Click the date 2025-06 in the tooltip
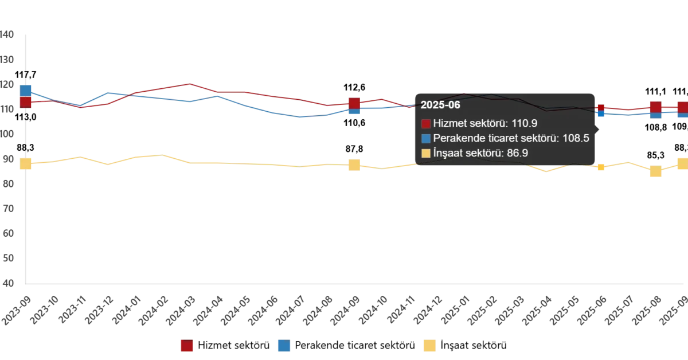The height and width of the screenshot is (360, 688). tap(440, 105)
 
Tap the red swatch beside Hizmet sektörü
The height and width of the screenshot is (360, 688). tap(425, 123)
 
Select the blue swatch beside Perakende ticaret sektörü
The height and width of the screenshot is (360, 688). tap(425, 138)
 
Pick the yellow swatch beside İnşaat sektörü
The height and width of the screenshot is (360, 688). tap(425, 153)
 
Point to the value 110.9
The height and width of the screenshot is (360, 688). tap(524, 123)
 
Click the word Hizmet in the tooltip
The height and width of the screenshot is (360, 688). tap(450, 123)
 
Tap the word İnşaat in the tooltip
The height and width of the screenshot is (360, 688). tap(449, 153)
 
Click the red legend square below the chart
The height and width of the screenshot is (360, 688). tap(187, 346)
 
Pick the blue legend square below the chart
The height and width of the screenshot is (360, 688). tap(284, 346)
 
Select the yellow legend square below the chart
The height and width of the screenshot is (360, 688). tap(429, 346)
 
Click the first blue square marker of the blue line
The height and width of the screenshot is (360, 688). tap(25, 90)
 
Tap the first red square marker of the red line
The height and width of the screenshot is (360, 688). tap(25, 102)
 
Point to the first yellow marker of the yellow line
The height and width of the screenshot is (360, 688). tap(25, 164)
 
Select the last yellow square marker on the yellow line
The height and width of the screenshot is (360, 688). tap(682, 165)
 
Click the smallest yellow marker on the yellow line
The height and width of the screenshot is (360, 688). tap(601, 167)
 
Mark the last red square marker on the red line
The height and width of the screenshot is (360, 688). tap(682, 107)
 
